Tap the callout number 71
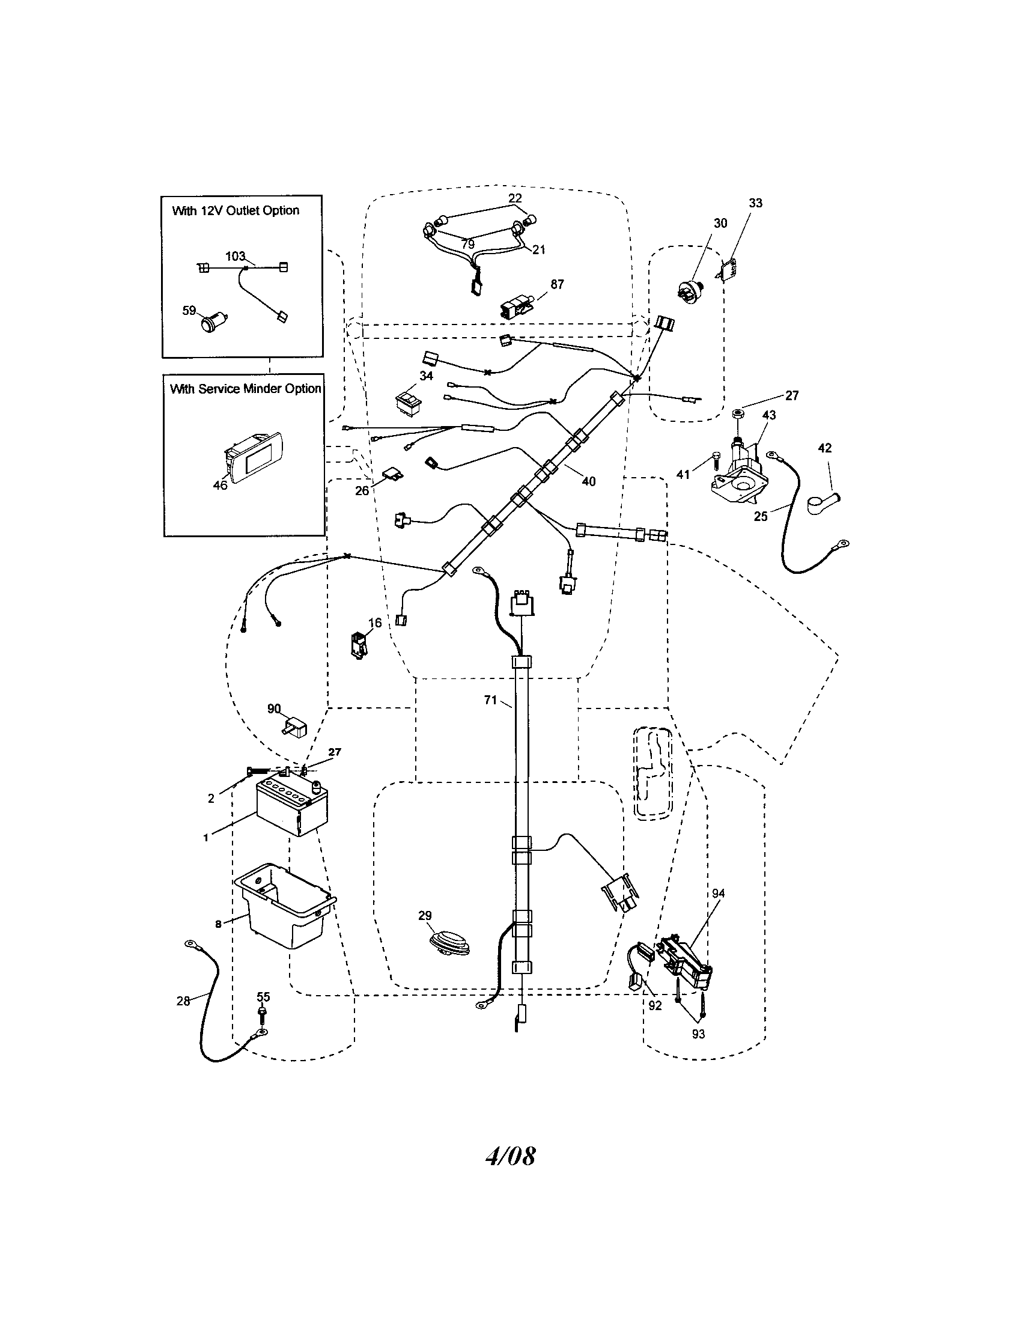490,699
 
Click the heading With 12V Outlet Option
236,211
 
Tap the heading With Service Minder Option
245,389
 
